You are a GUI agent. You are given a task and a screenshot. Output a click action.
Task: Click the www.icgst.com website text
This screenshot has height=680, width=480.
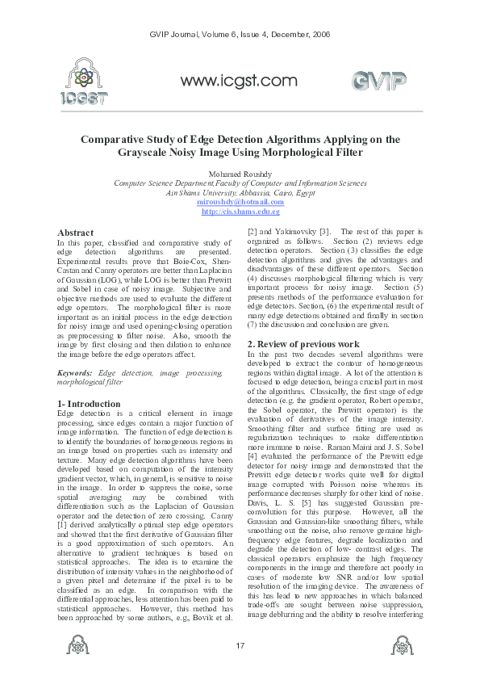click(x=239, y=81)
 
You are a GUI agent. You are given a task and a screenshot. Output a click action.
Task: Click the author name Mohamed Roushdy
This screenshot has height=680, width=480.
click(x=240, y=174)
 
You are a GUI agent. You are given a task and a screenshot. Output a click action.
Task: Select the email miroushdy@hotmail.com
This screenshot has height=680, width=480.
click(x=240, y=202)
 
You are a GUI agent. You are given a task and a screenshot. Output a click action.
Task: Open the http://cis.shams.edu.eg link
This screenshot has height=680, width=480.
click(x=240, y=211)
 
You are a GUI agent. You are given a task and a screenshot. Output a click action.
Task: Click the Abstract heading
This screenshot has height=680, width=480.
click(x=75, y=233)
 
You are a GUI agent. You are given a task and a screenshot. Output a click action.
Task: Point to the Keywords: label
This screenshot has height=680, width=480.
click(x=74, y=373)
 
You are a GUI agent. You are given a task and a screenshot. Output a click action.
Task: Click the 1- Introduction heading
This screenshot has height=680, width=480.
click(x=89, y=403)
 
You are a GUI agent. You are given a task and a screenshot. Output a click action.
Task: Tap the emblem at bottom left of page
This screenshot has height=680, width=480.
click(x=78, y=645)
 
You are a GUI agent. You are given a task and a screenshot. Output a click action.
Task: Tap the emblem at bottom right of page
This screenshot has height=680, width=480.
click(x=401, y=645)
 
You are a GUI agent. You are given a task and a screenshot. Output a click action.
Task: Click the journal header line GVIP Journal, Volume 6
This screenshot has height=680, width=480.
click(x=240, y=34)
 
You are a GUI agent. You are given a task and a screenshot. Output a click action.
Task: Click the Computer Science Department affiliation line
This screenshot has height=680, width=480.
click(x=240, y=183)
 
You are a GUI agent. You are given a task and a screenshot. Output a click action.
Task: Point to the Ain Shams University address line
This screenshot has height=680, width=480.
click(x=240, y=193)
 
